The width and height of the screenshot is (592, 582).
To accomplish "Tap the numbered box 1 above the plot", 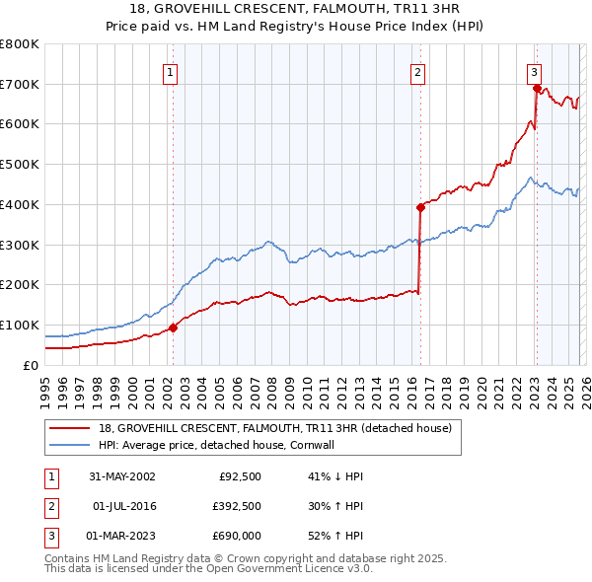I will (171, 71).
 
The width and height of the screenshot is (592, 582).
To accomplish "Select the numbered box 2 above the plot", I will (418, 71).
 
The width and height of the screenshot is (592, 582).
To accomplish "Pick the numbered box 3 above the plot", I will (534, 71).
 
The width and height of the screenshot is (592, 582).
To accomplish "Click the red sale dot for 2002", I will (173, 327).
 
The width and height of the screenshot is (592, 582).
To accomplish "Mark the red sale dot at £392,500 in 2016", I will (420, 207).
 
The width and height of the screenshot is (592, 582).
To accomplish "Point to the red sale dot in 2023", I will (537, 88).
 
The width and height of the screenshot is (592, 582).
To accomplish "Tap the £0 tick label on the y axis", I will (30, 365).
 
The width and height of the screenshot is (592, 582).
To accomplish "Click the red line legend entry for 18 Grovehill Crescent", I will (274, 428).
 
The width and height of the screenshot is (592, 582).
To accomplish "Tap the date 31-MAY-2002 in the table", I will (122, 476).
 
